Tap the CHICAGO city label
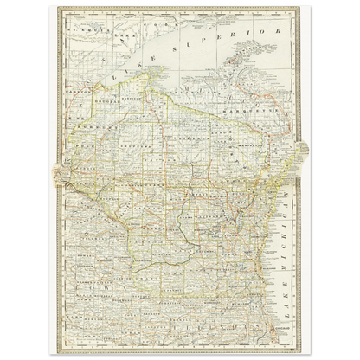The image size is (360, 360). (x=285, y=332)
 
